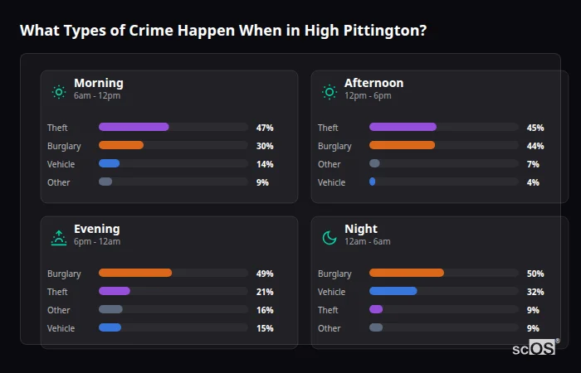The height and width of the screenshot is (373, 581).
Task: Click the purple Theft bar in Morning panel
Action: [x=134, y=127]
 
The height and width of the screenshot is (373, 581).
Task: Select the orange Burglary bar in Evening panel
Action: [x=135, y=273]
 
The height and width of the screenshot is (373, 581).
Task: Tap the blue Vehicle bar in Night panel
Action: [x=393, y=291]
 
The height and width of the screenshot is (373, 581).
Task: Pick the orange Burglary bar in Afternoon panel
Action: [x=402, y=145]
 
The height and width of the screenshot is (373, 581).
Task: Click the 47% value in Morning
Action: [x=265, y=128]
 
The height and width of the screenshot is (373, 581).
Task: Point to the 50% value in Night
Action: [x=535, y=274]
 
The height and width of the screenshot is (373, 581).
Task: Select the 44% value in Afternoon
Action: [x=535, y=146]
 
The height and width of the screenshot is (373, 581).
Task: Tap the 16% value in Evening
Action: [x=265, y=310]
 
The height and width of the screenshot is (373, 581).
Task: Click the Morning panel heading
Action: [x=98, y=83]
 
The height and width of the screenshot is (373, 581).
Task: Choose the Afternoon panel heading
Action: [x=373, y=83]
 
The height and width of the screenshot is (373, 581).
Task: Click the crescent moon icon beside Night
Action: [x=330, y=238]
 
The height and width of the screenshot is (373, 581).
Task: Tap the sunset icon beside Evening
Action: [x=59, y=238]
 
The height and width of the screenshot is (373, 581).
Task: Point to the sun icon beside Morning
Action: [x=59, y=92]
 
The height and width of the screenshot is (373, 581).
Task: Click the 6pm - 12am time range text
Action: [x=97, y=241]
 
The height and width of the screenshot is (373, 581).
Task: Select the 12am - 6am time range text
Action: [x=367, y=241]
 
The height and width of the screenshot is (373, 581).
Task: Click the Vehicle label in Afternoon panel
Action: [x=331, y=182]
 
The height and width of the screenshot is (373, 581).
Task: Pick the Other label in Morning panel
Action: [x=59, y=182]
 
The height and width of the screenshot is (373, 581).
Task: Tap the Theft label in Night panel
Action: [x=328, y=310]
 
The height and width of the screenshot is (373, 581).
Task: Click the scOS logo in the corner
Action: [x=536, y=348]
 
